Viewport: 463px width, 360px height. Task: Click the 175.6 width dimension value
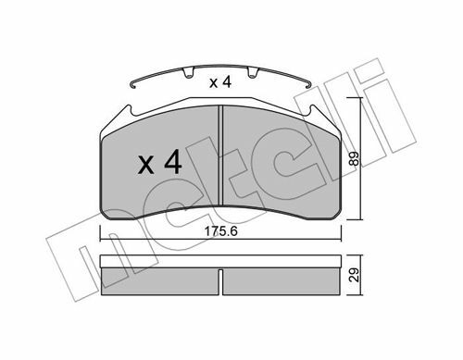click(221, 231)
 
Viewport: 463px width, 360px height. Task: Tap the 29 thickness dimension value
click(355, 275)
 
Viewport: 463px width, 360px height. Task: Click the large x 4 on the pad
click(159, 162)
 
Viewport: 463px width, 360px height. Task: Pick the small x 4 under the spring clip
click(220, 82)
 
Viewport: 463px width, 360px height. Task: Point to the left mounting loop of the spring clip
click(188, 73)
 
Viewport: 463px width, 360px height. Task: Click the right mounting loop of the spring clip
click(253, 73)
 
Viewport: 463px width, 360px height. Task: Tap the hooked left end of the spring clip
click(133, 84)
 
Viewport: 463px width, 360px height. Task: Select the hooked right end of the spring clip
click(307, 84)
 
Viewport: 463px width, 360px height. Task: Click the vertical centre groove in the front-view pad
click(220, 155)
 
